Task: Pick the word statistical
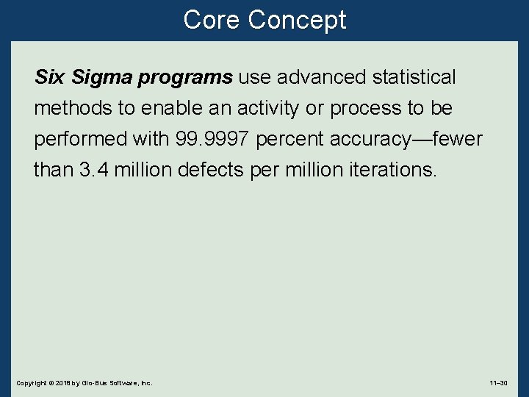point(414,77)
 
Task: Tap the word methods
point(72,108)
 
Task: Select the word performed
point(79,140)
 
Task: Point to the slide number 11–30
point(498,383)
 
